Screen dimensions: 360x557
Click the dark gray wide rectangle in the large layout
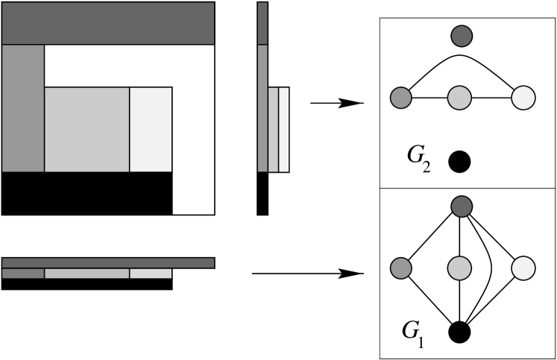click(108, 23)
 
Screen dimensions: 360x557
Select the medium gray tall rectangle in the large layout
click(23, 108)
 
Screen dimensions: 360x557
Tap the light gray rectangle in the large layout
click(87, 130)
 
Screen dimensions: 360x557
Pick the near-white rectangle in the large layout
click(151, 130)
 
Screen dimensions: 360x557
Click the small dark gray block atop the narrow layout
click(262, 23)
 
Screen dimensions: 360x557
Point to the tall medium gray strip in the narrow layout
click(262, 108)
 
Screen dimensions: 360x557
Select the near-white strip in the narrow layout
click(284, 130)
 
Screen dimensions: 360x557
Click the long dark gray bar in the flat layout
click(108, 262)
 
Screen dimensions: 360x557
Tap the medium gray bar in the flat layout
click(23, 274)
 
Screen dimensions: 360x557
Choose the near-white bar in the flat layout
click(151, 274)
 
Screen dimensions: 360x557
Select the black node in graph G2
click(460, 161)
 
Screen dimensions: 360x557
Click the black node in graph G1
click(460, 331)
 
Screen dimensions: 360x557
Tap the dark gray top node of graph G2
click(462, 35)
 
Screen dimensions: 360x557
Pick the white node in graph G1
click(524, 268)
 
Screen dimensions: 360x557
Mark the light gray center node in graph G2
click(460, 98)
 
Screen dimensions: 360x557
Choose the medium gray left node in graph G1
click(401, 268)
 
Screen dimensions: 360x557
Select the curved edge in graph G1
click(489, 268)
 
